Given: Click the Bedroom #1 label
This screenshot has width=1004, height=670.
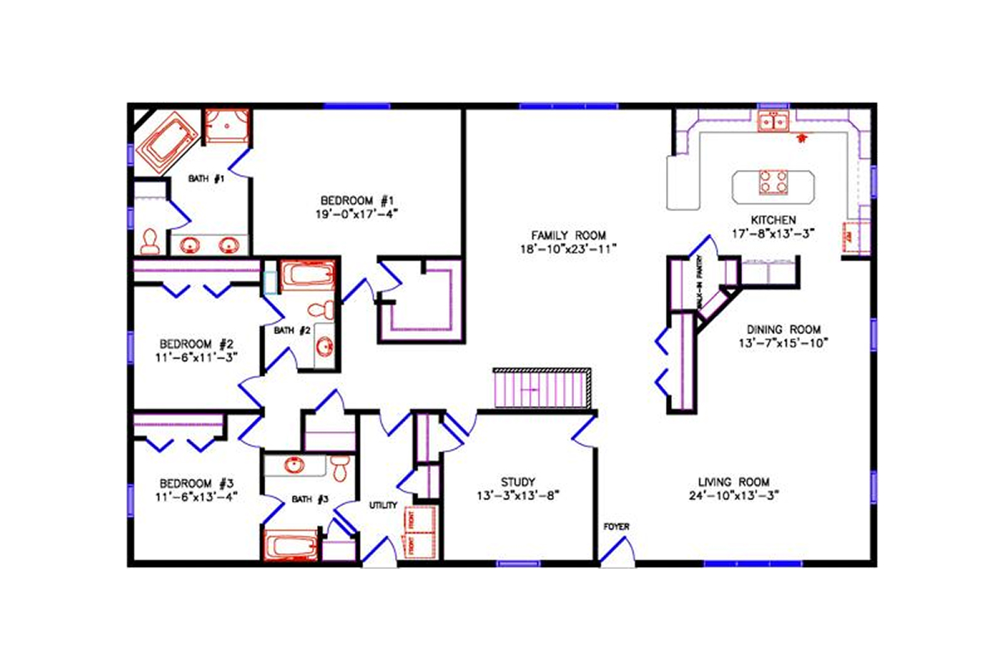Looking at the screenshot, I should (357, 200).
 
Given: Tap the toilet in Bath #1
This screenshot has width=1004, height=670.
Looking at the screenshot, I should (151, 241).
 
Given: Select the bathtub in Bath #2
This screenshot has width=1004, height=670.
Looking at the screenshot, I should (306, 276).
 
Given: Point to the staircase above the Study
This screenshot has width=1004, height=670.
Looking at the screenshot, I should (541, 389).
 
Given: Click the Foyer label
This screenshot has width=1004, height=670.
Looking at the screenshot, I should (617, 526).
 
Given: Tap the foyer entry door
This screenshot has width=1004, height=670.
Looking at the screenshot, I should (617, 553).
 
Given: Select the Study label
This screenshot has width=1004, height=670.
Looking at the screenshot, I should (518, 482).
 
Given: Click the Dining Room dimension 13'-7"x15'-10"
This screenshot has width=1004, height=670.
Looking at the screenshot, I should (784, 343).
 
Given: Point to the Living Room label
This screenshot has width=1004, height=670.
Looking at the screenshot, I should (734, 482).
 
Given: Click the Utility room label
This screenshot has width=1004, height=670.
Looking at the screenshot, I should (383, 506).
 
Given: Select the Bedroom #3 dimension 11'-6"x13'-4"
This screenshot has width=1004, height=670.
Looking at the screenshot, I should (197, 496).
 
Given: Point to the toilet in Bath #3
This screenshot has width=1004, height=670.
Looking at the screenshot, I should (339, 468).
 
